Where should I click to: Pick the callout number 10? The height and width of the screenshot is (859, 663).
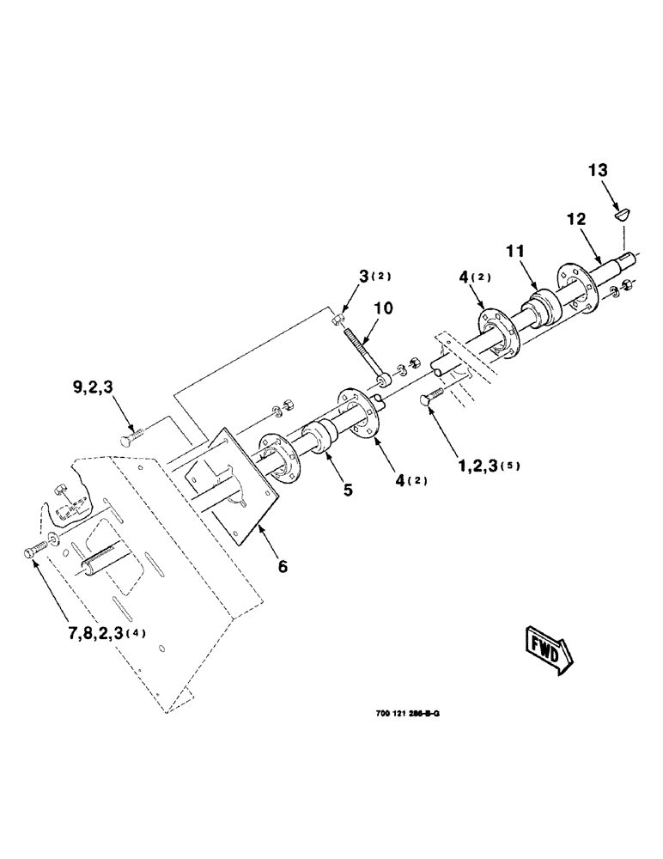(385, 306)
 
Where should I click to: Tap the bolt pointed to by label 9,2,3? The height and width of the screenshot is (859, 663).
(131, 439)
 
